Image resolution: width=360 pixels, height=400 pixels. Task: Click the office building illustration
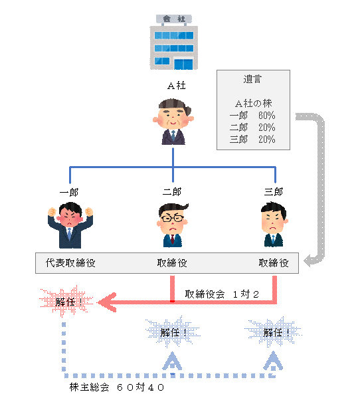(x=173, y=43)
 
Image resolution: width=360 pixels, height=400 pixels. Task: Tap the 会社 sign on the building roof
(x=174, y=19)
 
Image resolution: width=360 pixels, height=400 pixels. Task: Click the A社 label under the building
(x=177, y=86)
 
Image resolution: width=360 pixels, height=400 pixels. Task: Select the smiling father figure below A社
(x=173, y=122)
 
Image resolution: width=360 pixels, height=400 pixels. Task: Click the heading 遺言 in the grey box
(x=252, y=79)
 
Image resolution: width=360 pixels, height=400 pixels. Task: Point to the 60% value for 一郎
(x=267, y=116)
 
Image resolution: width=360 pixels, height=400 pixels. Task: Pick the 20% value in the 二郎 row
(x=267, y=128)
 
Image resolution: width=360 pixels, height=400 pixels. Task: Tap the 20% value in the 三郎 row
(x=267, y=140)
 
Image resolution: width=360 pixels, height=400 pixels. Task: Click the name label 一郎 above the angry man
(x=69, y=192)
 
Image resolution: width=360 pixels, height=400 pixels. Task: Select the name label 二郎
(x=172, y=191)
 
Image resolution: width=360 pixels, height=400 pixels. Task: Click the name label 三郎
(x=274, y=191)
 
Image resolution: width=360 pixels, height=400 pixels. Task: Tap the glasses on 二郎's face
(x=172, y=218)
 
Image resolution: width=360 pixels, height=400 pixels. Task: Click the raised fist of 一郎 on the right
(x=89, y=212)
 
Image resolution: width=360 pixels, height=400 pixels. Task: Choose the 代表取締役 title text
(x=70, y=263)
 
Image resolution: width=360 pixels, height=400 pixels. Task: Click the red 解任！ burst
(x=66, y=302)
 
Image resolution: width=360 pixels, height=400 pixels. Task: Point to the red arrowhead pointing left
(x=107, y=302)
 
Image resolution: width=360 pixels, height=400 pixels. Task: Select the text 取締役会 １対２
(x=222, y=294)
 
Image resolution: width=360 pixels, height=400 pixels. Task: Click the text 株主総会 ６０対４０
(x=116, y=387)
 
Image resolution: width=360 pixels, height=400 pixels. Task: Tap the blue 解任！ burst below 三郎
(x=273, y=332)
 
